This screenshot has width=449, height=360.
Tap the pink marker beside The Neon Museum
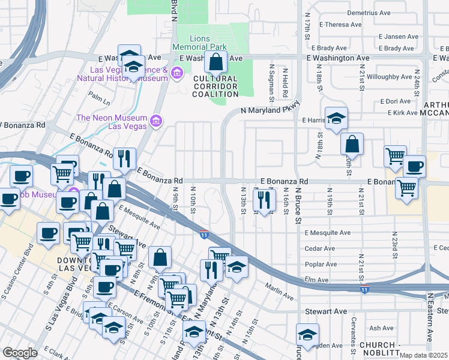click(x=156, y=122)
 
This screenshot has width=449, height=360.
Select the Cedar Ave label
click(x=321, y=248)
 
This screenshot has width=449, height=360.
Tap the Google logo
click(x=20, y=353)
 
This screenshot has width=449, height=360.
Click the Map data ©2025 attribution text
click(x=423, y=355)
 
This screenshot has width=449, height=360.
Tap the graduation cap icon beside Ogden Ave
click(x=307, y=335)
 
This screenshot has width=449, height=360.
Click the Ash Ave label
click(x=382, y=328)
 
